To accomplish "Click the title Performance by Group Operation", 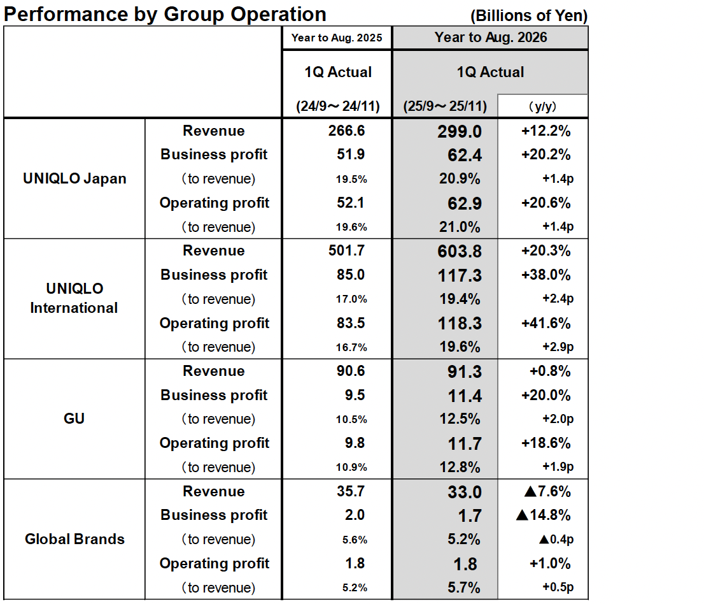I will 165,13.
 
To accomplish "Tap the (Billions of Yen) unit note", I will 528,15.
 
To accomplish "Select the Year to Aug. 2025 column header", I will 337,38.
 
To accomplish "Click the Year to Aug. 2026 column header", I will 490,38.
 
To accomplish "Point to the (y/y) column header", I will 542,106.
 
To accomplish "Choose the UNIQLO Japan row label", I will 74,178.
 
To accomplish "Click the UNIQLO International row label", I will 74,298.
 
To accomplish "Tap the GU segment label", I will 74,419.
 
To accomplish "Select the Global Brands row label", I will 74,539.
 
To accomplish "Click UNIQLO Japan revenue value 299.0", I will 460,131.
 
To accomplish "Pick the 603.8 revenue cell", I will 460,251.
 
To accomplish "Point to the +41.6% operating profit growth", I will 546,323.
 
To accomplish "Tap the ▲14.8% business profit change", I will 543,515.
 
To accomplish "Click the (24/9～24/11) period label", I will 337,106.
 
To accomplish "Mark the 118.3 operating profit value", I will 460,324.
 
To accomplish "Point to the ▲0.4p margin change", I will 556,540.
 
